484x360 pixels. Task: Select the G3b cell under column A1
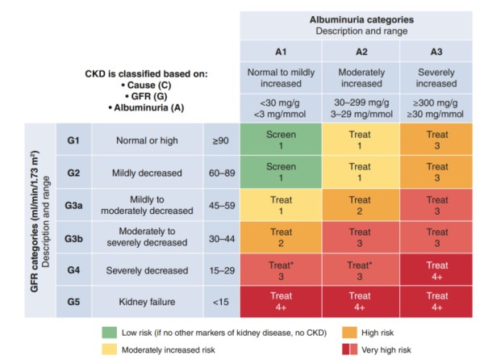click(281, 237)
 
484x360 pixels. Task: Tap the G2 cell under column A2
click(360, 172)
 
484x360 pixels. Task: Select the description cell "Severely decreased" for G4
click(148, 270)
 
